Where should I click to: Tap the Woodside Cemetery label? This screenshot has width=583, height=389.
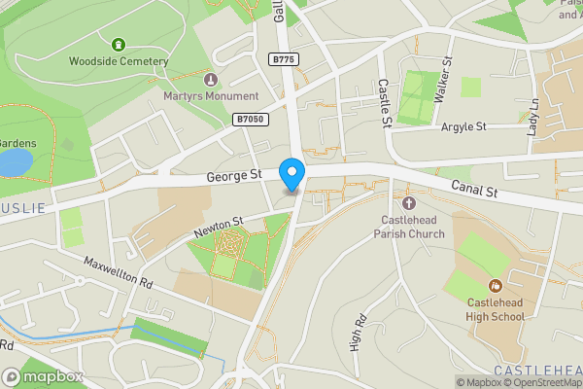[119, 60]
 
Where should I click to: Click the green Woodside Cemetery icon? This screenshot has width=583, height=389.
[119, 44]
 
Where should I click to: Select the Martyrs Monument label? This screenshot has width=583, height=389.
[212, 96]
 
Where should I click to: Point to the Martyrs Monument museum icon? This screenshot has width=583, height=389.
[212, 80]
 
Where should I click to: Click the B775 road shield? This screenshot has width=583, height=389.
[283, 60]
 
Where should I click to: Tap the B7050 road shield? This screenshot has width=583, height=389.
[250, 119]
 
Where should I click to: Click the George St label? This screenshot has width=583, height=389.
[234, 176]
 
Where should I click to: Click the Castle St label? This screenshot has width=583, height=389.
[383, 103]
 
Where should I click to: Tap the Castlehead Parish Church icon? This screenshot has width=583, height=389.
[408, 203]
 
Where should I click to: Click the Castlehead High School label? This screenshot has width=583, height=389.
[496, 310]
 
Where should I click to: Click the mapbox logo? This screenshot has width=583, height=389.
[43, 376]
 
